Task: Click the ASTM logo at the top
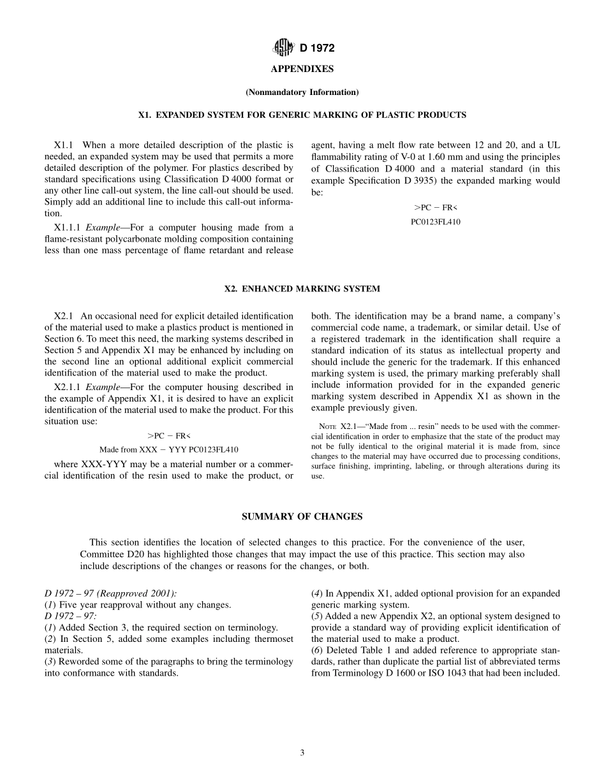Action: [283, 47]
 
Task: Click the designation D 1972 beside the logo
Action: [317, 48]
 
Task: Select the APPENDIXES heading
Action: [302, 69]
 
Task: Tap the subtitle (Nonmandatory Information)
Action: [302, 92]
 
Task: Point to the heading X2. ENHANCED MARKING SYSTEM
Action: [302, 289]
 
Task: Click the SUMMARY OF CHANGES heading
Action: [302, 517]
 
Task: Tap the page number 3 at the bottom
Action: [302, 753]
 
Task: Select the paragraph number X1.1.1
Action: [68, 228]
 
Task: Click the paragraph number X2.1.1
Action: [68, 387]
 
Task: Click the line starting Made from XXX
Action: [168, 449]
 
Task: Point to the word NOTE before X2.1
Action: [329, 426]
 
